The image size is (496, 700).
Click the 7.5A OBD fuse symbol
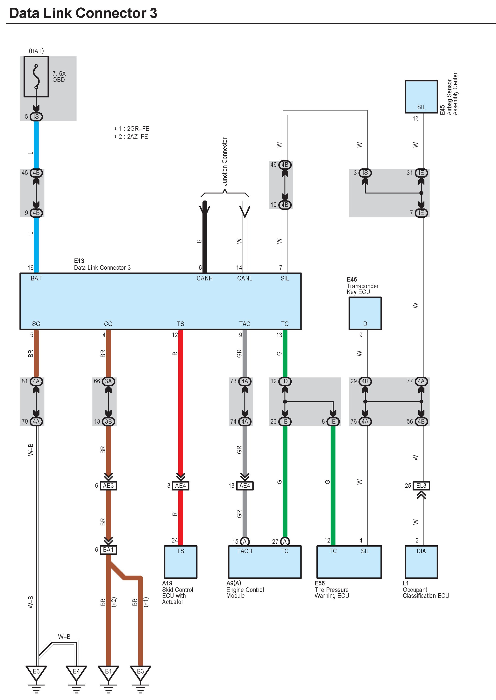click(x=36, y=77)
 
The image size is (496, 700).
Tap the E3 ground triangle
click(x=36, y=672)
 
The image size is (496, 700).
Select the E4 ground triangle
click(x=76, y=672)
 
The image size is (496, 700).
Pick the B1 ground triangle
click(x=108, y=672)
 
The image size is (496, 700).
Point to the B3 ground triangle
click(x=140, y=672)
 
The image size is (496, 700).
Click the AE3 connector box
click(x=108, y=486)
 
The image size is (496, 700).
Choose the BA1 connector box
click(x=108, y=550)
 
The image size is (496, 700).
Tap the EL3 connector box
click(x=421, y=486)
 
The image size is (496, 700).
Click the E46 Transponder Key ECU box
click(x=365, y=313)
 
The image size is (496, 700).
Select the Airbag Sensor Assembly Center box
click(x=421, y=97)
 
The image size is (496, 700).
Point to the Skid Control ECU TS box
click(x=181, y=562)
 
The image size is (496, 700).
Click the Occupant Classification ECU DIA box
click(x=421, y=562)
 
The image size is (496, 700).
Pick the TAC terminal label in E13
click(x=245, y=324)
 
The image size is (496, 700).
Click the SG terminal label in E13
click(x=36, y=324)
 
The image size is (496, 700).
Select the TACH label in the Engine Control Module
click(x=245, y=551)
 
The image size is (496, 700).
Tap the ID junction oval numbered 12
click(x=285, y=381)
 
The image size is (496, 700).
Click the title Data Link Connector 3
click(x=83, y=13)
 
